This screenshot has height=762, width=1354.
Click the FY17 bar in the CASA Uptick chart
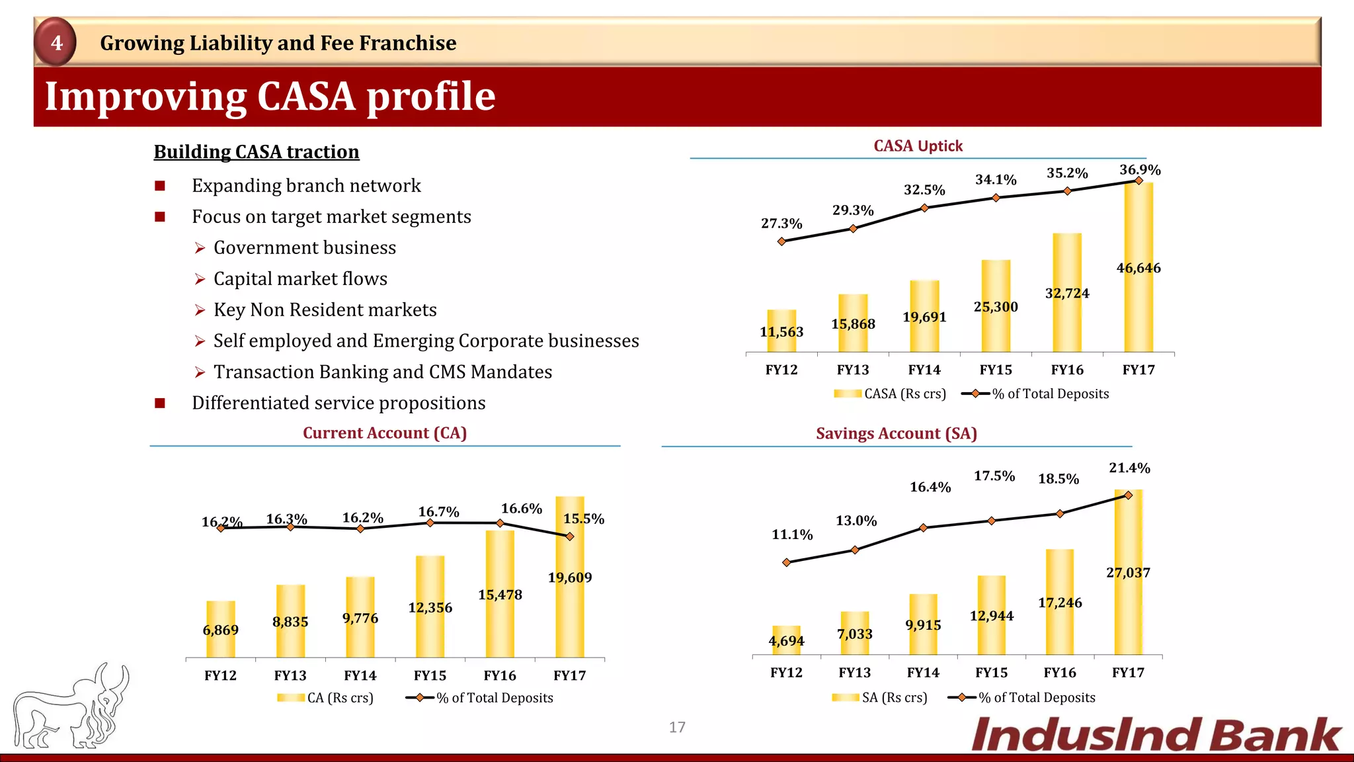click(1138, 311)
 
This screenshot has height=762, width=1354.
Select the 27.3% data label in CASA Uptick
click(781, 224)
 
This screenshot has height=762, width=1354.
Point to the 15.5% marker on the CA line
click(570, 536)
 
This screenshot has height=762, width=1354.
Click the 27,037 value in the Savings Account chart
click(1128, 573)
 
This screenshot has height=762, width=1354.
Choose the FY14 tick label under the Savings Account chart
click(923, 673)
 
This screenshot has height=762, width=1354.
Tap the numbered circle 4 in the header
click(56, 42)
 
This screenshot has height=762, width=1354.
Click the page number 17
click(677, 727)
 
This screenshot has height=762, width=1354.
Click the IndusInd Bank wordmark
click(1156, 736)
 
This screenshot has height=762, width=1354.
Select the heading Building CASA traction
click(257, 152)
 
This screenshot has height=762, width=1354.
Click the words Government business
click(305, 248)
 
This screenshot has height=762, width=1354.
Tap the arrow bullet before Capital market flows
click(200, 280)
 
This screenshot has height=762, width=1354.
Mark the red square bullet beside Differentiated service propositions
click(160, 403)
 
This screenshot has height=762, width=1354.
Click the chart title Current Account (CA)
click(385, 433)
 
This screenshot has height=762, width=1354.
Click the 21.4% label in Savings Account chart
click(1129, 468)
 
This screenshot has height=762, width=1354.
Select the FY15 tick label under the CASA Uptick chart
click(996, 370)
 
